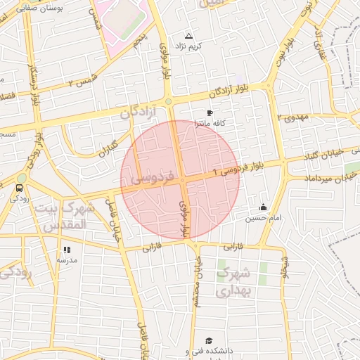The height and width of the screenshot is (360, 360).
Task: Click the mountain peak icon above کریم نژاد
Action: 188,35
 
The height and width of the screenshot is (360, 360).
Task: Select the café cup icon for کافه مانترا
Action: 210,112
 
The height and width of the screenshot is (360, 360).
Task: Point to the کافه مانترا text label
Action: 210,123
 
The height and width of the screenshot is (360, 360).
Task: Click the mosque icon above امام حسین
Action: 263,207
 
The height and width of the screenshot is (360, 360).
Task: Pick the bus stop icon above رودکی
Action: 19,188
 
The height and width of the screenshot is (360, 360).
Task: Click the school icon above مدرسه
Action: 67,250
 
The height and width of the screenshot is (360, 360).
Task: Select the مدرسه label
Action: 66,260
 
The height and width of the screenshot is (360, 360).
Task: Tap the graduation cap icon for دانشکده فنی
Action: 208,340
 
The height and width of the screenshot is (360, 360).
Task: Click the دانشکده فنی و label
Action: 209,351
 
